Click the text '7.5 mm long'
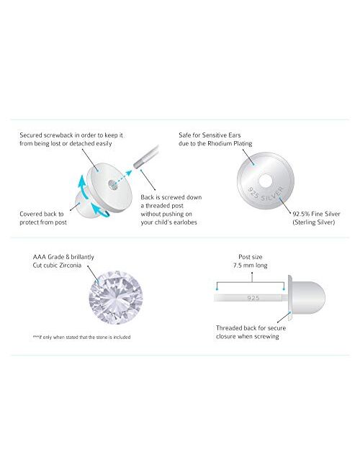click(248, 264)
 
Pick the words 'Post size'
click(249, 255)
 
